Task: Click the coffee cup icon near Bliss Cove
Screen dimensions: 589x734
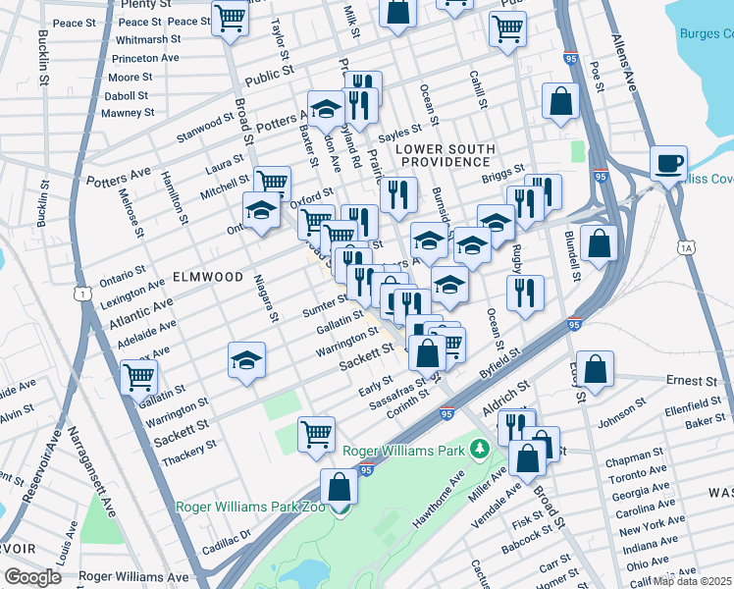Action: (x=668, y=163)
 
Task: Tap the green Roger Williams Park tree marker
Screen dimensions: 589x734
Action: (x=480, y=451)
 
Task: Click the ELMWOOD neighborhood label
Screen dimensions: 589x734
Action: (x=208, y=277)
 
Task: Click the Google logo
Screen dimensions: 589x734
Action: (x=32, y=576)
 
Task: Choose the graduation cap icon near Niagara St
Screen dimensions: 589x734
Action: (x=247, y=359)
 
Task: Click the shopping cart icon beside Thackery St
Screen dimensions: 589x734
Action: (x=317, y=432)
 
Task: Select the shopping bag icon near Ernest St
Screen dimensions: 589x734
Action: (x=596, y=369)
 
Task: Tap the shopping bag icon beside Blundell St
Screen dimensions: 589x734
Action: (x=598, y=241)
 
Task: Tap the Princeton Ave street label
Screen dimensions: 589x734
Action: (x=146, y=58)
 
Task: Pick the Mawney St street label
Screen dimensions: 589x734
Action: (x=129, y=113)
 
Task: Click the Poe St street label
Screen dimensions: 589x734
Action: (x=596, y=73)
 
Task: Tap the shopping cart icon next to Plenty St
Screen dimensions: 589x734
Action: (x=230, y=18)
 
